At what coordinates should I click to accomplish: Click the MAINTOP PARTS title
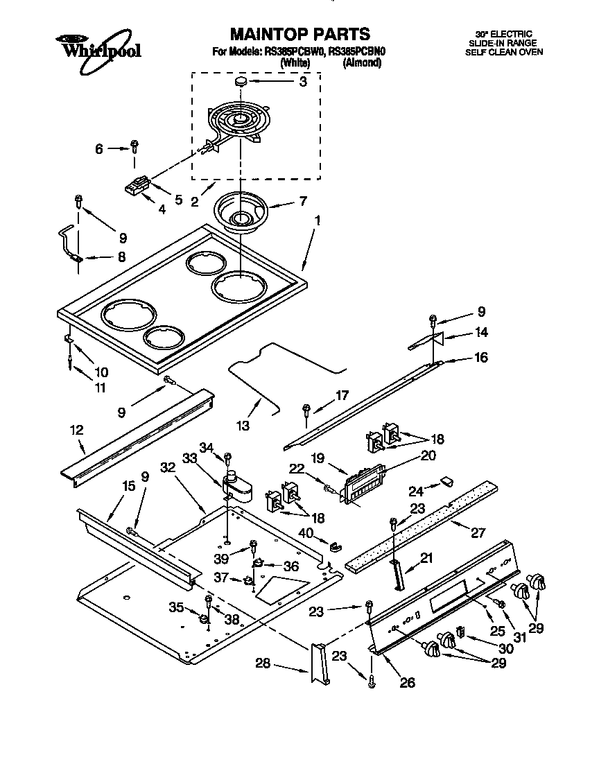tap(299, 34)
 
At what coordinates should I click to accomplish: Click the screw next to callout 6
tap(135, 147)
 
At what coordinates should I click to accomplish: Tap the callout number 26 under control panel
tap(407, 683)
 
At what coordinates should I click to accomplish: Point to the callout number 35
tap(177, 608)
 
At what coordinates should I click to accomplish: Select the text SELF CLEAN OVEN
tap(503, 52)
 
